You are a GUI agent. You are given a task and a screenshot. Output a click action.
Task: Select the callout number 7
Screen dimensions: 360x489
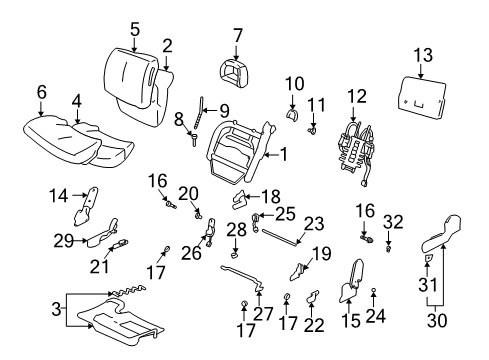[237, 35]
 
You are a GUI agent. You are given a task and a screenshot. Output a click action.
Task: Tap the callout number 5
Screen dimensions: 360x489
[133, 28]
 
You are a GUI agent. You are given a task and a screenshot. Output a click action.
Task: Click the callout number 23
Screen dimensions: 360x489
[314, 224]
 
